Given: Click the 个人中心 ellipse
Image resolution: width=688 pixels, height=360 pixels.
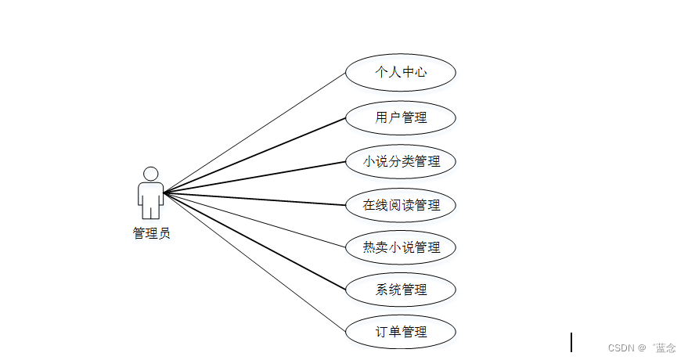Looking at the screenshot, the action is (x=401, y=73).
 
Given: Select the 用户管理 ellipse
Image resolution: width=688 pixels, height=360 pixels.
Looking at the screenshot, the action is (x=401, y=118).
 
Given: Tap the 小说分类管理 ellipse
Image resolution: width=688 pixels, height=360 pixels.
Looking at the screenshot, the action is (x=401, y=162).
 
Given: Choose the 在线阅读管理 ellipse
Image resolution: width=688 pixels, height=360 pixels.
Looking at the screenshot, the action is (x=401, y=205).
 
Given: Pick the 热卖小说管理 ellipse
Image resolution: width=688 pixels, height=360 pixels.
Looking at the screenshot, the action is (x=401, y=247).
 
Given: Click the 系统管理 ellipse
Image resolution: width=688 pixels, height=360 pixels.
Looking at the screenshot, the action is (x=401, y=290).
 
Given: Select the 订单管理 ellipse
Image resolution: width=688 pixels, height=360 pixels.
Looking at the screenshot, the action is (x=401, y=332).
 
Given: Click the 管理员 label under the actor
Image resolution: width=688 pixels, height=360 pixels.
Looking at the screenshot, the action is (x=151, y=233).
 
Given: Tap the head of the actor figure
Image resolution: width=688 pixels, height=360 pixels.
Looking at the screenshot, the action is (x=151, y=174).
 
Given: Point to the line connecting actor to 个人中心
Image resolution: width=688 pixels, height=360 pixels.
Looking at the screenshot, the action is (x=254, y=133).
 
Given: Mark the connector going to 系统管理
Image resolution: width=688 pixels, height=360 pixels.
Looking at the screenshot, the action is (x=254, y=241).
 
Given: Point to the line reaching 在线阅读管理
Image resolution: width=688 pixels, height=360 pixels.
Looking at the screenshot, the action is (x=254, y=199).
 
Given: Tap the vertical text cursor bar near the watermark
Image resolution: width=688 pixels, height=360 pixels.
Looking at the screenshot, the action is (x=571, y=342).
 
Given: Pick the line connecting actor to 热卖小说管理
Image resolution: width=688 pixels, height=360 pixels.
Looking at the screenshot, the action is (x=254, y=219).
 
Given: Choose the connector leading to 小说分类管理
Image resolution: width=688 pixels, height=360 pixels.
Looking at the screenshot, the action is (x=254, y=177).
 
